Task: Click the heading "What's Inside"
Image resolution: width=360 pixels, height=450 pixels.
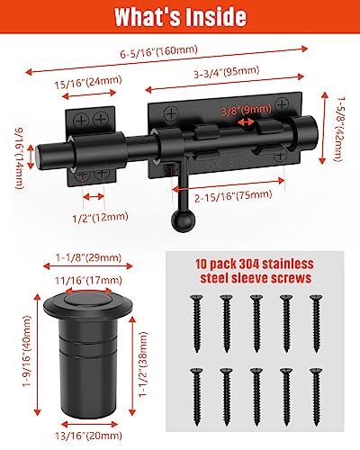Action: point(180,17)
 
